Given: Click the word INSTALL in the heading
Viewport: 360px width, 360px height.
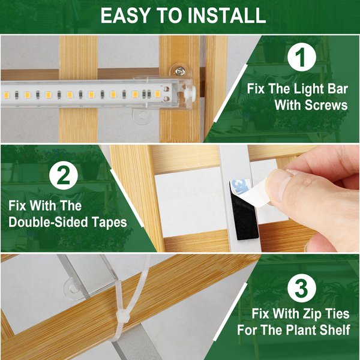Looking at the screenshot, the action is pyautogui.click(x=227, y=16).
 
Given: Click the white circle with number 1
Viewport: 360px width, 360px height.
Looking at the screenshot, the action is pyautogui.click(x=301, y=57).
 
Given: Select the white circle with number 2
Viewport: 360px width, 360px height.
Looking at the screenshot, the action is pyautogui.click(x=64, y=175).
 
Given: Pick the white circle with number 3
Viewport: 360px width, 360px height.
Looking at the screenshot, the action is pyautogui.click(x=301, y=289).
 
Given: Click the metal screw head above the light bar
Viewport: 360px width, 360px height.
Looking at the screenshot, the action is pyautogui.click(x=180, y=71).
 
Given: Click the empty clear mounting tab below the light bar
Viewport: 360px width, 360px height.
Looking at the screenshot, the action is pyautogui.click(x=142, y=116).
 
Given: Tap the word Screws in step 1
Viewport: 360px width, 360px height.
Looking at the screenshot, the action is pyautogui.click(x=326, y=105).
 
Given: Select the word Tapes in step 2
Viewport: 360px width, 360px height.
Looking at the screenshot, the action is pyautogui.click(x=109, y=223).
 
